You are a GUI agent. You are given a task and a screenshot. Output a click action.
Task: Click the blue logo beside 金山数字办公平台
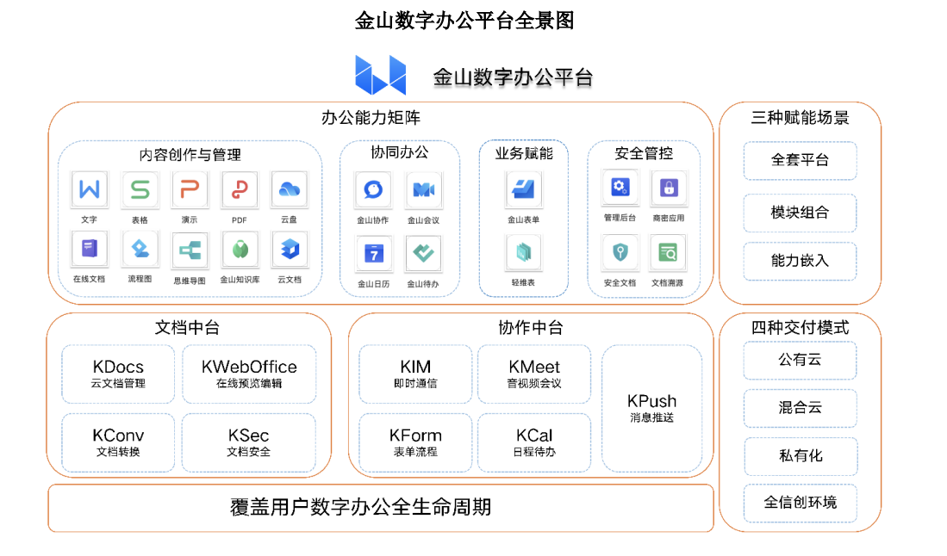click(x=380, y=75)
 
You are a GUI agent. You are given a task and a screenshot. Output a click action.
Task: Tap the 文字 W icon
click(x=90, y=189)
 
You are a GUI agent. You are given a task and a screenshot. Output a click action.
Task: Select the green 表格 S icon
click(x=140, y=189)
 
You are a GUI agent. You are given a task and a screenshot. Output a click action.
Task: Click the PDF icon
click(x=240, y=189)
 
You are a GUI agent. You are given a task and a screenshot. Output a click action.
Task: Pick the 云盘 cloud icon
click(x=289, y=189)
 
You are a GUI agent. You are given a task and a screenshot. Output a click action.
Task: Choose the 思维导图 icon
click(x=190, y=250)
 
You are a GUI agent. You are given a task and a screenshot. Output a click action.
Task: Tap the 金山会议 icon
click(x=423, y=189)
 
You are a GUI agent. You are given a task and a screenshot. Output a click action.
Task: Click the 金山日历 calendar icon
click(x=373, y=253)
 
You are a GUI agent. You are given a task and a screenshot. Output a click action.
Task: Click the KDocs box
click(x=118, y=374)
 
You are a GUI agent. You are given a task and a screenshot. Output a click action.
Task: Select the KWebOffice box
click(x=249, y=374)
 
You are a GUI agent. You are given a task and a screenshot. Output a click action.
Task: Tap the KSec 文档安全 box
click(x=249, y=442)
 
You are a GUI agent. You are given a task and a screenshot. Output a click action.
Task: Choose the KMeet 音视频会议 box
click(x=534, y=374)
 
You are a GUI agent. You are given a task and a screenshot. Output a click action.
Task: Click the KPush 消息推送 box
click(x=651, y=408)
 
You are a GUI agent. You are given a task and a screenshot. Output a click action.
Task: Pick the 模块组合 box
click(x=800, y=213)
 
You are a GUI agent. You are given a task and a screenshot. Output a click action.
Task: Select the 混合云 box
click(x=800, y=408)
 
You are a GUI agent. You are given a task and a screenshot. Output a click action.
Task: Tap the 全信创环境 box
click(x=800, y=503)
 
